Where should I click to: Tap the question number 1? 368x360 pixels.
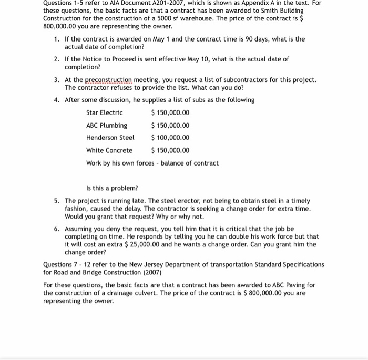[x=56, y=39]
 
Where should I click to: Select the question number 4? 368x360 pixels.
[x=56, y=100]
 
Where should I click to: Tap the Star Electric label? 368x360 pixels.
[x=104, y=113]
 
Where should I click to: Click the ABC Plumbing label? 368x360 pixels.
[x=107, y=126]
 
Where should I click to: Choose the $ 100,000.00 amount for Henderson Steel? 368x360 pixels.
[x=170, y=138]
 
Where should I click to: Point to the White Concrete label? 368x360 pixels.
[x=109, y=151]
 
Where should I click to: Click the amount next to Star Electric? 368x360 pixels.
[x=170, y=113]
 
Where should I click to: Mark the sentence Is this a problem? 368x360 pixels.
[x=112, y=188]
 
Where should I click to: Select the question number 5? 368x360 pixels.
[x=56, y=201]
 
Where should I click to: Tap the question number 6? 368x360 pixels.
[x=56, y=230]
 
